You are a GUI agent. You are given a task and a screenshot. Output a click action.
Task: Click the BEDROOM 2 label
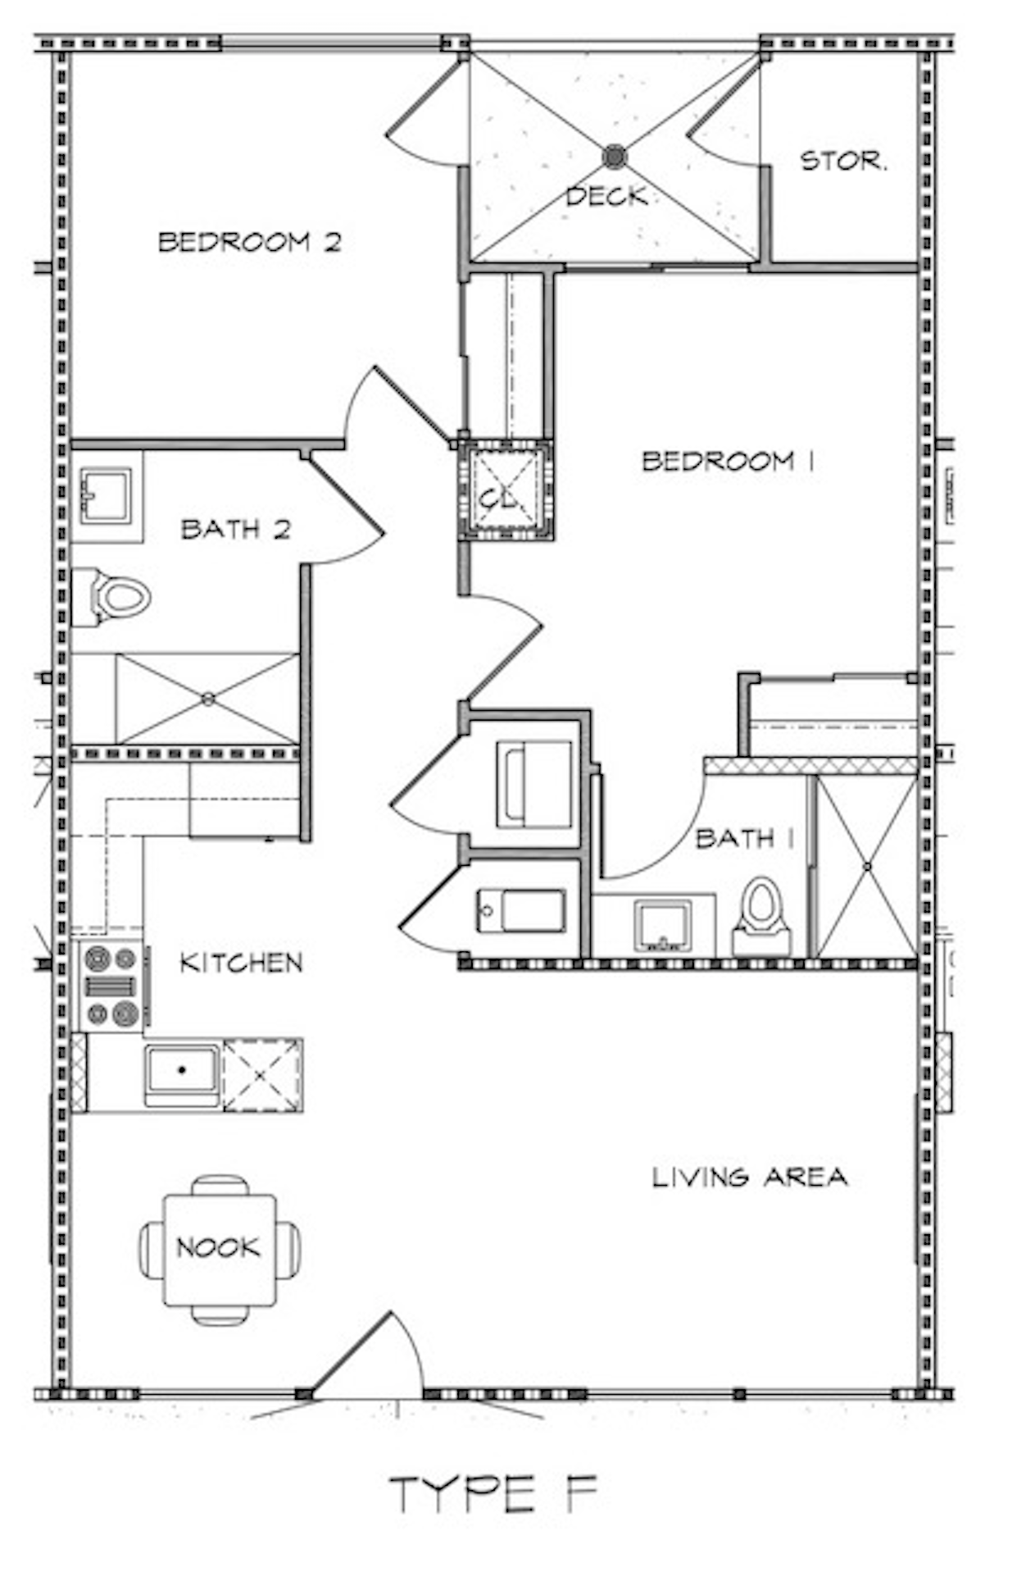coord(249,242)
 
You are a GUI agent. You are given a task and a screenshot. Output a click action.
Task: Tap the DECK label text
coord(606,196)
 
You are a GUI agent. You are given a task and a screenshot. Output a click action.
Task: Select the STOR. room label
coord(842,161)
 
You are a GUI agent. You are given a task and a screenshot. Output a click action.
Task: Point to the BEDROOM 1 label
coord(728,461)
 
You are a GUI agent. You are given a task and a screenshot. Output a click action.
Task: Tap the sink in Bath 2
coord(106,496)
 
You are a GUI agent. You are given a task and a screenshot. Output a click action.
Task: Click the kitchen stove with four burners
coord(112,986)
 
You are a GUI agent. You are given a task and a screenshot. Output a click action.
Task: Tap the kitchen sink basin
coord(182,1072)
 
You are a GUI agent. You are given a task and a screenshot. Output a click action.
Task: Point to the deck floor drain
coord(614,156)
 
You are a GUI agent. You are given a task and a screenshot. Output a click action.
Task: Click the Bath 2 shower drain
coord(208,699)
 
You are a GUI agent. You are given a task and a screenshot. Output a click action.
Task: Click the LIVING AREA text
coord(749,1178)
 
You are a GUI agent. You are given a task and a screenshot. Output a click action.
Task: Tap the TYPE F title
coord(493,1493)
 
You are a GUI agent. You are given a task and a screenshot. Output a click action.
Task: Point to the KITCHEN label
coord(241,963)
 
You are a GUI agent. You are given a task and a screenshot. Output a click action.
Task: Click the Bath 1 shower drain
coord(867,866)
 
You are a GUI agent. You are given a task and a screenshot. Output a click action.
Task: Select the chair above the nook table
coord(220,1185)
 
